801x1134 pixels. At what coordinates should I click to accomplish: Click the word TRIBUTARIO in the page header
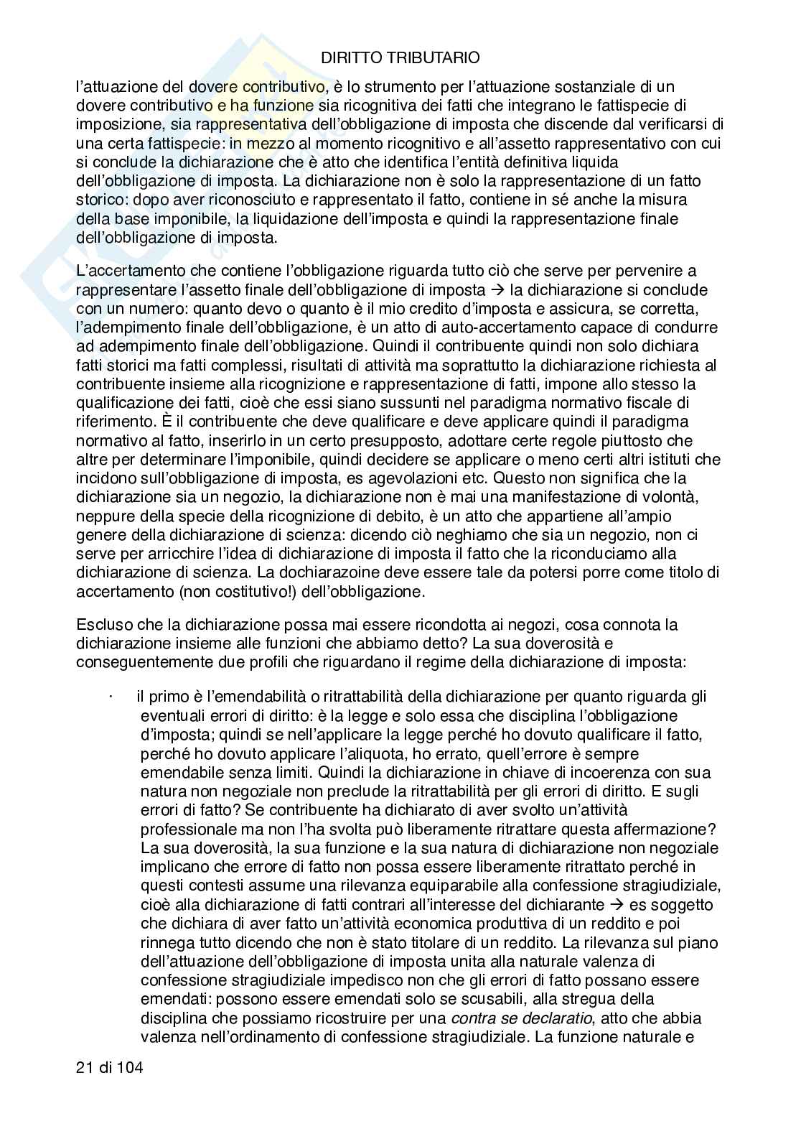pyautogui.click(x=441, y=57)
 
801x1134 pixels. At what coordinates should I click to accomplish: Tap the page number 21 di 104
pyautogui.click(x=110, y=1067)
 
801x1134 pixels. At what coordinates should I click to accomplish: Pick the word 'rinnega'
pyautogui.click(x=164, y=942)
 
